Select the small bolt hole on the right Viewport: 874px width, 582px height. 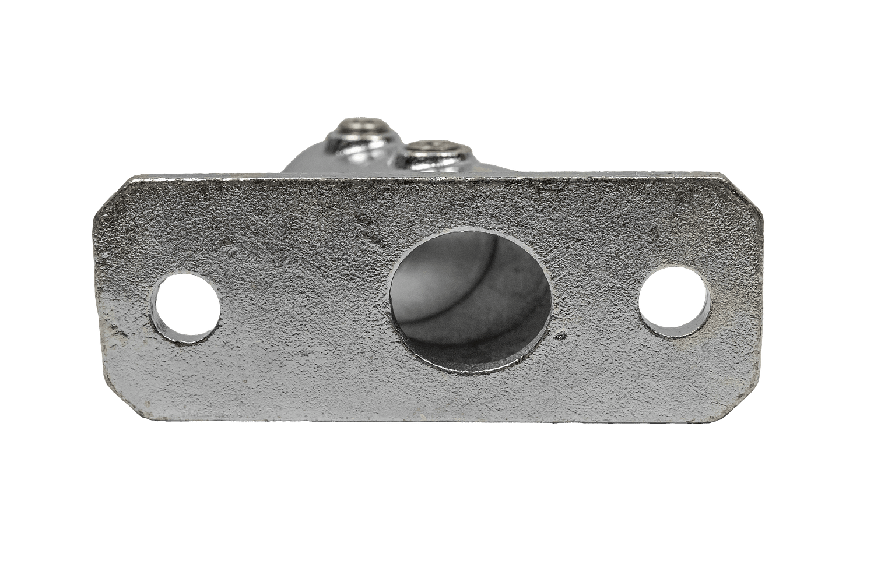[676, 301]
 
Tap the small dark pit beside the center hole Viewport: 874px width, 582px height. [560, 336]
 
